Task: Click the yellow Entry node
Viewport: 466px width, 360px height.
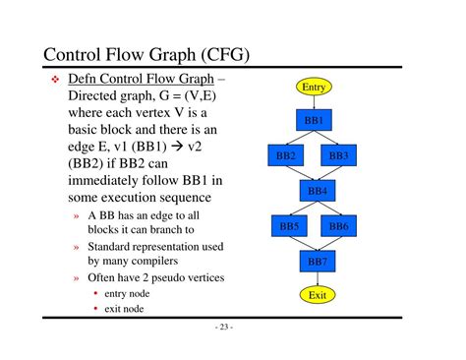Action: pos(314,87)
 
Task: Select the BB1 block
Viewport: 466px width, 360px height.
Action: pos(314,120)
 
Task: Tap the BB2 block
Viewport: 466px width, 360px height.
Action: pos(285,155)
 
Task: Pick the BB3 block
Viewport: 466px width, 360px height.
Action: pos(338,155)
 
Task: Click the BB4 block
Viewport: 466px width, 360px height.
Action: pos(318,191)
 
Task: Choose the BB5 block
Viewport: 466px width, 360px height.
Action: pos(289,226)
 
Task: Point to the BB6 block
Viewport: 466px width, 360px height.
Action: pos(338,226)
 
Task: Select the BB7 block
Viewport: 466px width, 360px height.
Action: pos(318,262)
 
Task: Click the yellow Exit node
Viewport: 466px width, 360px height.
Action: pos(318,295)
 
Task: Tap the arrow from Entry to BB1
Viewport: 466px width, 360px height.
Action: pos(314,102)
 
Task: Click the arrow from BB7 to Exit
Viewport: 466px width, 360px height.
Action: pos(318,279)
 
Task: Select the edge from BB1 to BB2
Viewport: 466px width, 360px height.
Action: pos(300,138)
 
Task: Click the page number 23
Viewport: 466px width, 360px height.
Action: pos(224,327)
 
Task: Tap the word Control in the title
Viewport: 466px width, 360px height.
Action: pos(72,54)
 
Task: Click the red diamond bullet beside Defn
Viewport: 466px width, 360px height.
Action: pos(55,79)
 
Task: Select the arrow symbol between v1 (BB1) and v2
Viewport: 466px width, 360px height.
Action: pos(177,147)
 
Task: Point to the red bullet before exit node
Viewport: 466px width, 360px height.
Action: pos(95,308)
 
